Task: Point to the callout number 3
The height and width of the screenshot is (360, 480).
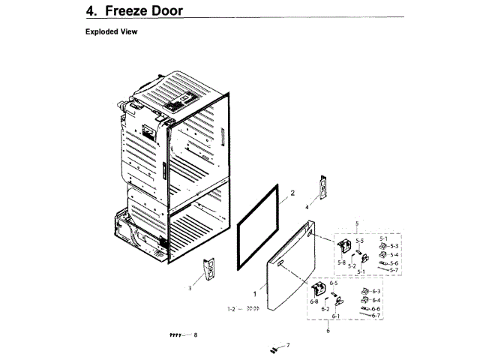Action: tap(190, 288)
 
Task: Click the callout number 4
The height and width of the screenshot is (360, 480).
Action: tap(306, 206)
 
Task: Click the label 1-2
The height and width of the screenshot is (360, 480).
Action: tap(232, 309)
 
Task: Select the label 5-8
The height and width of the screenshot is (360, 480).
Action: tap(342, 262)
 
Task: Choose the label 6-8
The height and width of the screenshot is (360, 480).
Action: tap(313, 301)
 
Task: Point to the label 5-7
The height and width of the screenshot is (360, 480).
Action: tap(394, 270)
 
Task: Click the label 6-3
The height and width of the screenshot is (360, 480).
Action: tap(376, 291)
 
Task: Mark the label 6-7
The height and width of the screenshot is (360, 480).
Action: tap(376, 316)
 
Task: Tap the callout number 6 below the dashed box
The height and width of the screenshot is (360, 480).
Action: tap(328, 331)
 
